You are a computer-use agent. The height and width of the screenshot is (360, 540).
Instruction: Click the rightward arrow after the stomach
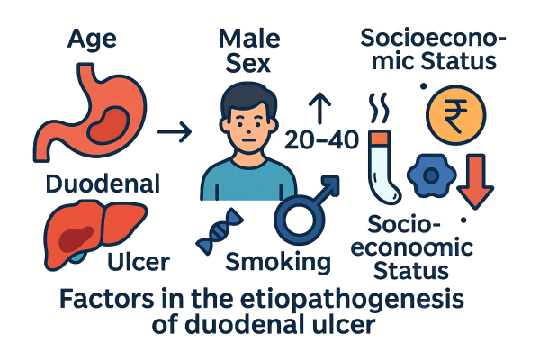174,134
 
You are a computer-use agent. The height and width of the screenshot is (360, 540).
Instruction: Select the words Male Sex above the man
247,52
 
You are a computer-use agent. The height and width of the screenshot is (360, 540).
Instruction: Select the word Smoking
275,262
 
